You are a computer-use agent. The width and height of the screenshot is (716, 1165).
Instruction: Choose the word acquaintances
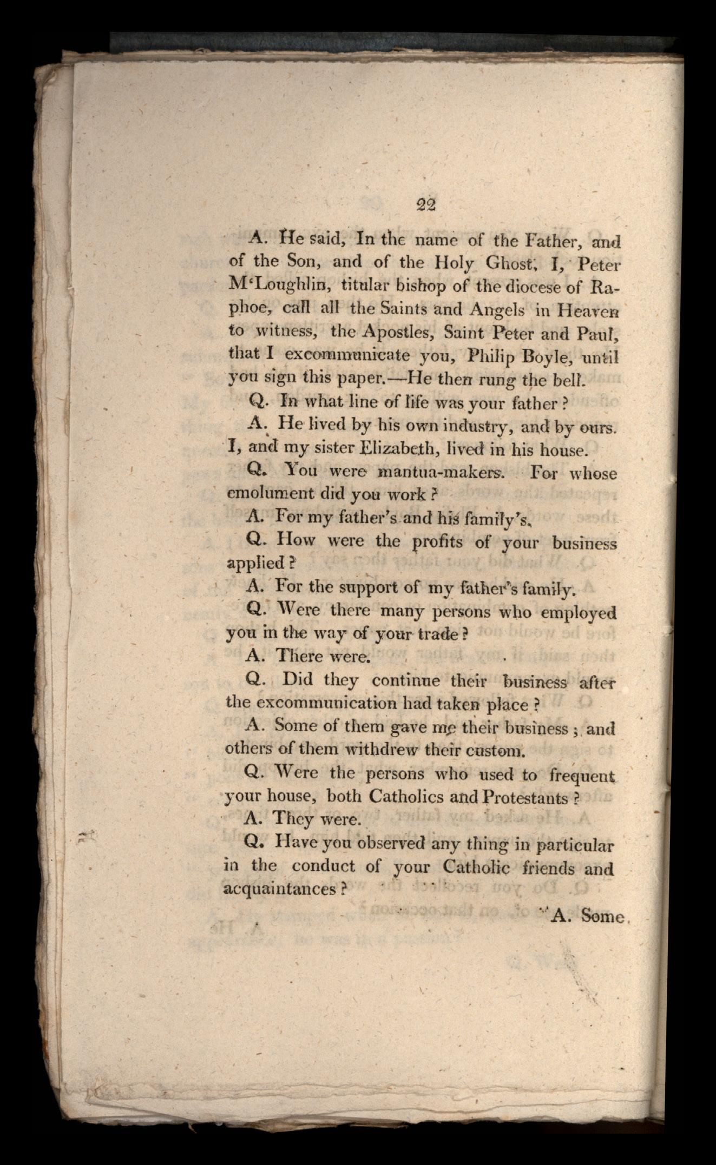tap(281, 890)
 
